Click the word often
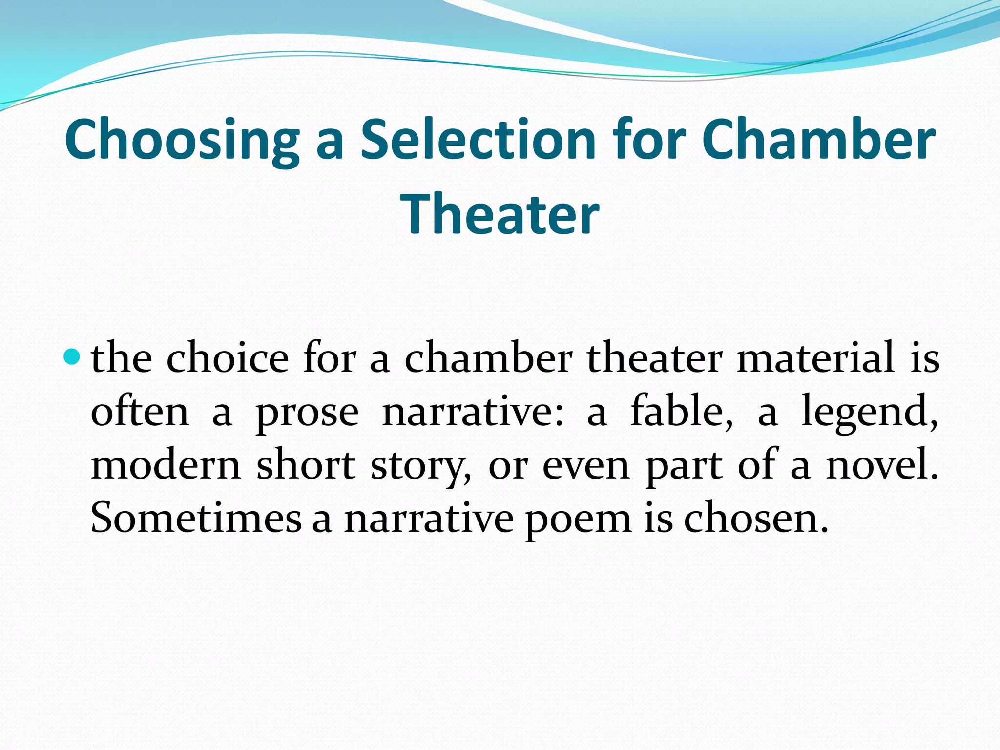click(140, 412)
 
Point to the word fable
click(682, 412)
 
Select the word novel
click(882, 465)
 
